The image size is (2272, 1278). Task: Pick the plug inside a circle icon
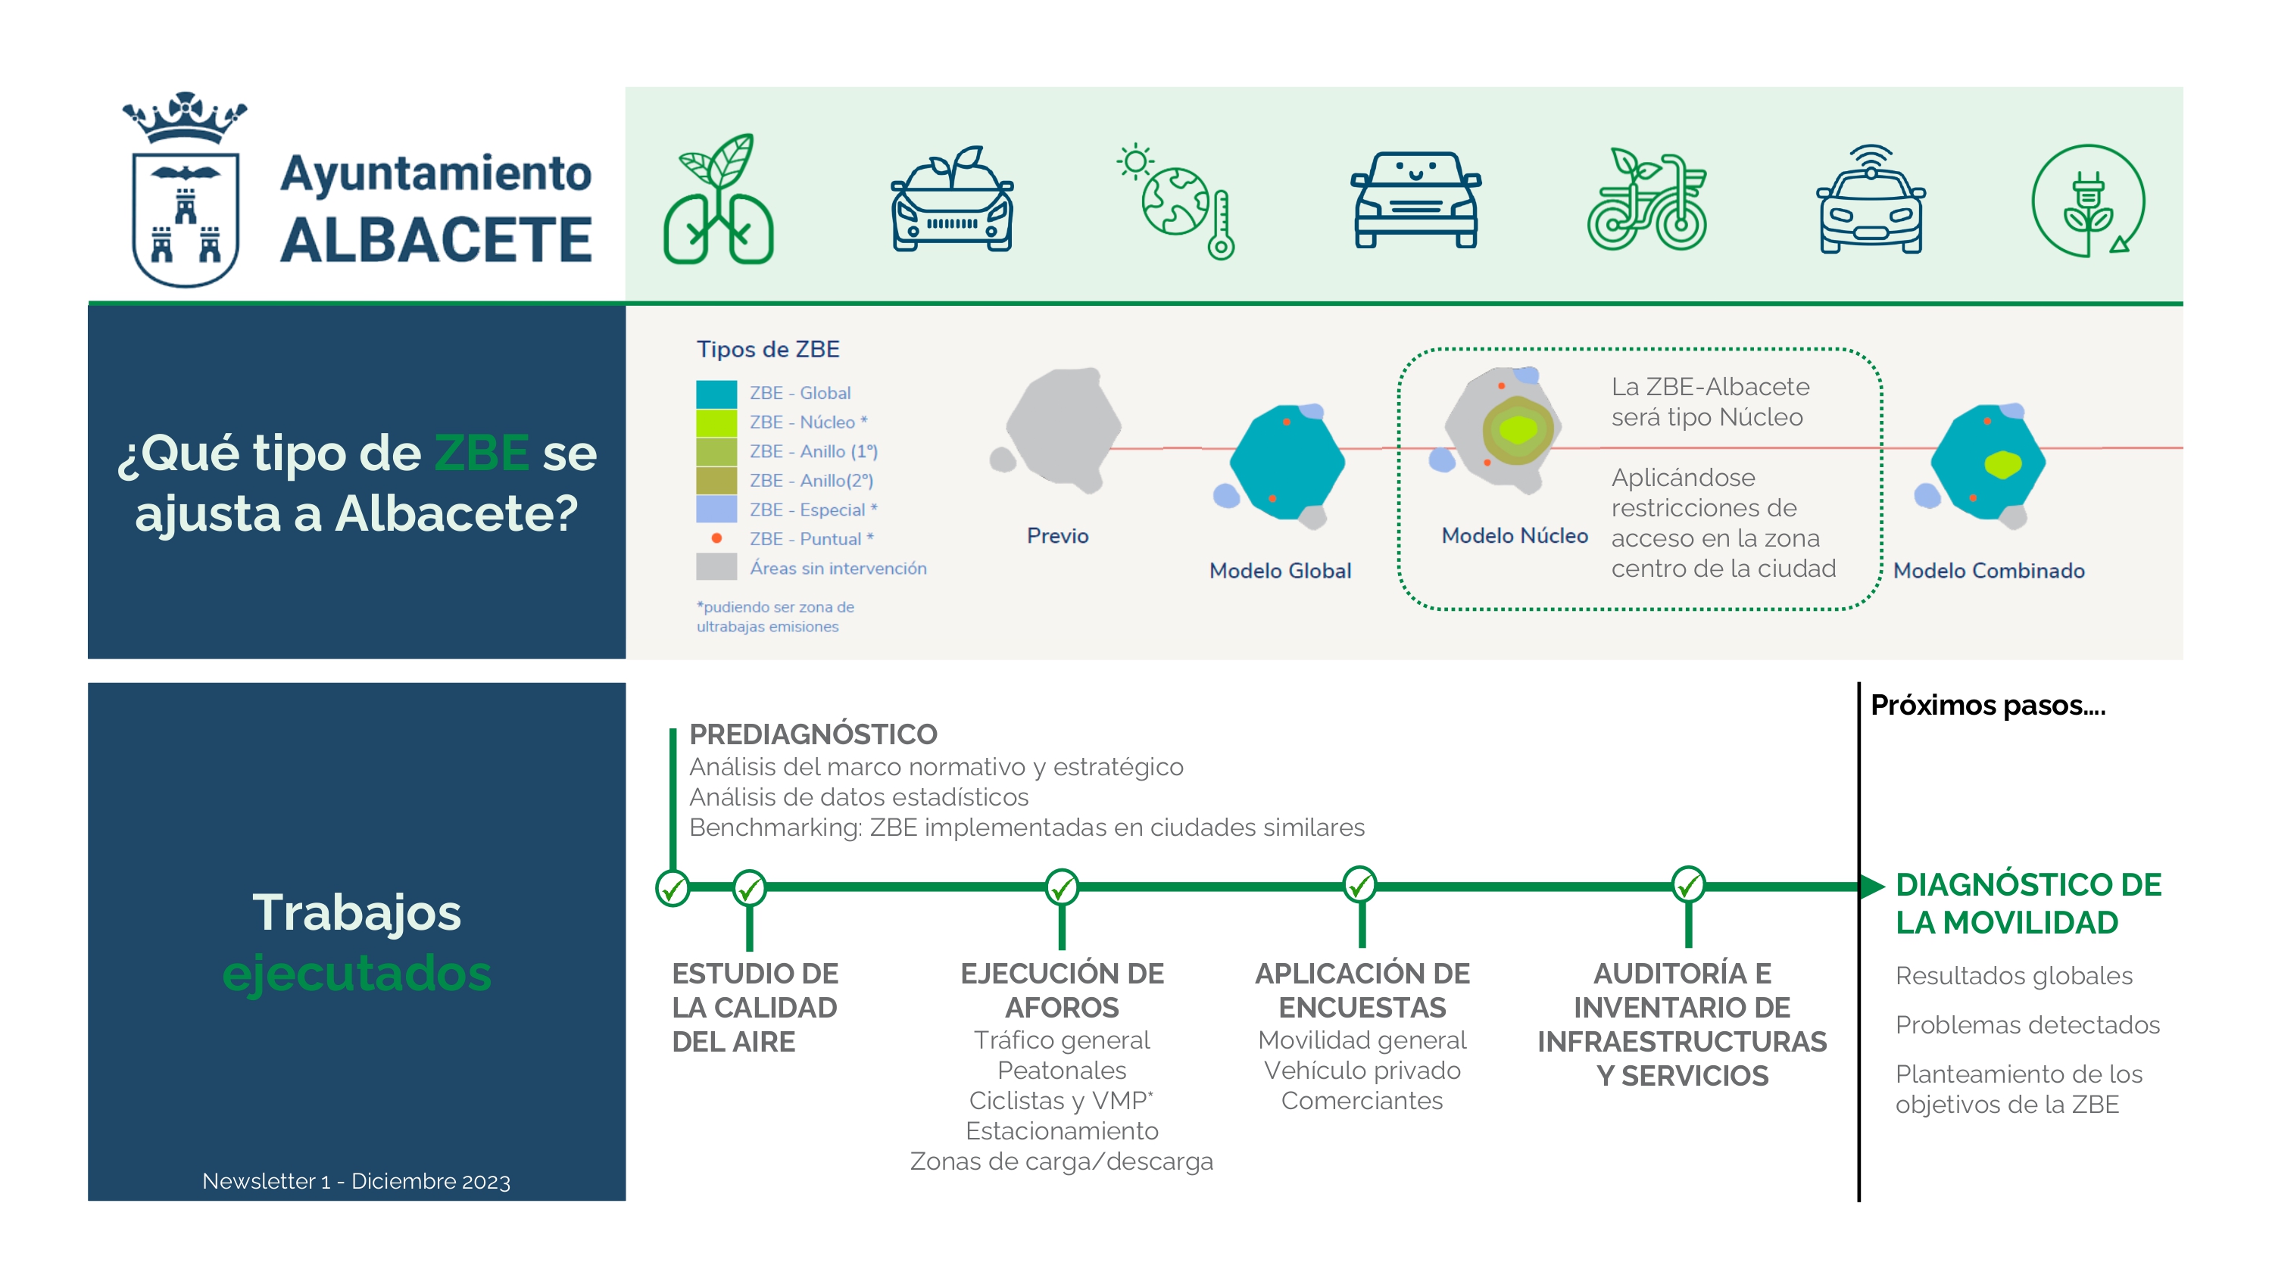point(2088,201)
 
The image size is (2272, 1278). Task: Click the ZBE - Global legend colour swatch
point(716,394)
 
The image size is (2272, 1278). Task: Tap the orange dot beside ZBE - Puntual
point(717,539)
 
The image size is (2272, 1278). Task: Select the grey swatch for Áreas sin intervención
point(716,567)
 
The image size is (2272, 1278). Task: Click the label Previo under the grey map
point(1057,536)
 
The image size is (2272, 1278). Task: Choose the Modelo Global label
point(1280,571)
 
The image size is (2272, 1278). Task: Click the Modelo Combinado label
point(1989,571)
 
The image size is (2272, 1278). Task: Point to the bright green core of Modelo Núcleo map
point(1518,429)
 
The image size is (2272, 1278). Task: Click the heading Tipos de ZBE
point(767,349)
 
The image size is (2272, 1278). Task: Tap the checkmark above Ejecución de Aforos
point(1061,887)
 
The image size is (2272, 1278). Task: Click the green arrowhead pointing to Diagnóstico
point(1871,886)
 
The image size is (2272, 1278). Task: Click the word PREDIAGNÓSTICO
point(813,734)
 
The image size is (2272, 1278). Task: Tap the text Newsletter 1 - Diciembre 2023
point(356,1181)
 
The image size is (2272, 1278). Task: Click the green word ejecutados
point(356,974)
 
